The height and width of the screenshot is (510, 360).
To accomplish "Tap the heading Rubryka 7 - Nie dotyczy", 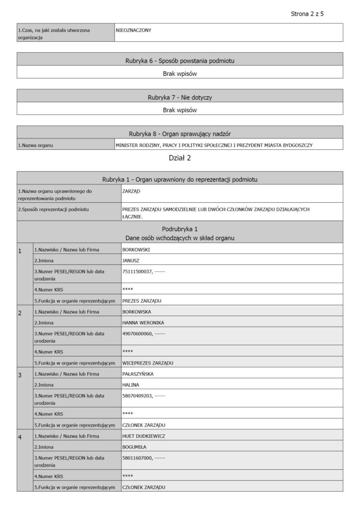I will click(x=180, y=97).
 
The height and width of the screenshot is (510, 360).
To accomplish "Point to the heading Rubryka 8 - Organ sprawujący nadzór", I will click(x=180, y=133).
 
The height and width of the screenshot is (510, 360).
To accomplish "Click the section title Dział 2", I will click(x=180, y=159).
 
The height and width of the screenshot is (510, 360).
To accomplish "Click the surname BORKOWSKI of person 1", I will click(x=137, y=249).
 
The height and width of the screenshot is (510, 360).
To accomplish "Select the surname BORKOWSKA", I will click(x=138, y=312).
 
